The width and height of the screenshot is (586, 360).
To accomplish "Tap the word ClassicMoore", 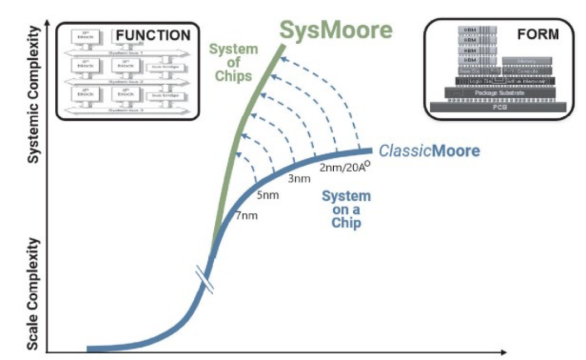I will (x=429, y=150).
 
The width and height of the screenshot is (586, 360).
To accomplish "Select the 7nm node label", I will (x=246, y=216).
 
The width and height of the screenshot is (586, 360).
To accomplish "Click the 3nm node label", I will (x=298, y=179).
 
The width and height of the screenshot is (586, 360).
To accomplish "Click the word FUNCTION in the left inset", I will (x=153, y=36).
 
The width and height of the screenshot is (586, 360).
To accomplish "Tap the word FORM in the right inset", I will (x=538, y=34).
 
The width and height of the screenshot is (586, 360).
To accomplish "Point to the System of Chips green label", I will (x=233, y=62).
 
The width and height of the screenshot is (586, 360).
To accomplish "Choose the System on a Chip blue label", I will (x=346, y=209).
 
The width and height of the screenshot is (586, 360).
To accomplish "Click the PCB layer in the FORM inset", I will (x=498, y=106).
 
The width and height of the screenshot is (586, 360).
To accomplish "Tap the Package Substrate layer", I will (x=500, y=93).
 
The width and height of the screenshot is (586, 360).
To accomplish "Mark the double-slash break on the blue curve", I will (x=207, y=280).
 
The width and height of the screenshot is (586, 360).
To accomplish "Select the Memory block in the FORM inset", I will (x=526, y=61).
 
